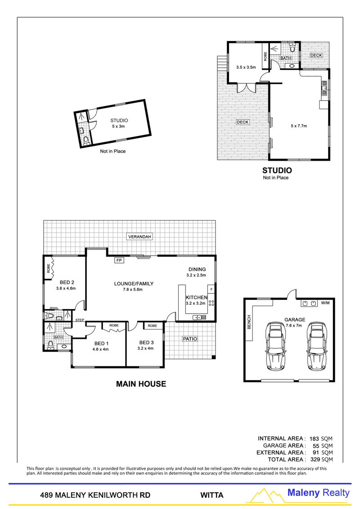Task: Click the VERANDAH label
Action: (x=139, y=237)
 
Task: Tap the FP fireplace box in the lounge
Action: (x=119, y=260)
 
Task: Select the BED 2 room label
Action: (x=67, y=282)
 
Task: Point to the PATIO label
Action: (x=190, y=338)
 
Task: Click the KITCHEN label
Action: (x=196, y=297)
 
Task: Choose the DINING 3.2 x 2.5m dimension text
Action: (x=196, y=275)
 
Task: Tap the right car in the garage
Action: (x=316, y=347)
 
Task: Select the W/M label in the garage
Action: (x=325, y=303)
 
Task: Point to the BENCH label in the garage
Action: (x=249, y=322)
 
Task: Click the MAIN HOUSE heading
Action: (x=141, y=384)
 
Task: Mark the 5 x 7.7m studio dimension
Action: (x=299, y=126)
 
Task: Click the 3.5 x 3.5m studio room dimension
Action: (x=246, y=67)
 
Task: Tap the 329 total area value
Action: (x=315, y=459)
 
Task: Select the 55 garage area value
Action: (x=316, y=446)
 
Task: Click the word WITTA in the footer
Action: (x=211, y=495)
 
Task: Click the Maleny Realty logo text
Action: (x=319, y=493)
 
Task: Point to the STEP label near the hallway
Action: (x=80, y=320)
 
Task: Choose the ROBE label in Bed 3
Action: (x=153, y=325)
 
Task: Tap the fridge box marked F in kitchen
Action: (x=211, y=289)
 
